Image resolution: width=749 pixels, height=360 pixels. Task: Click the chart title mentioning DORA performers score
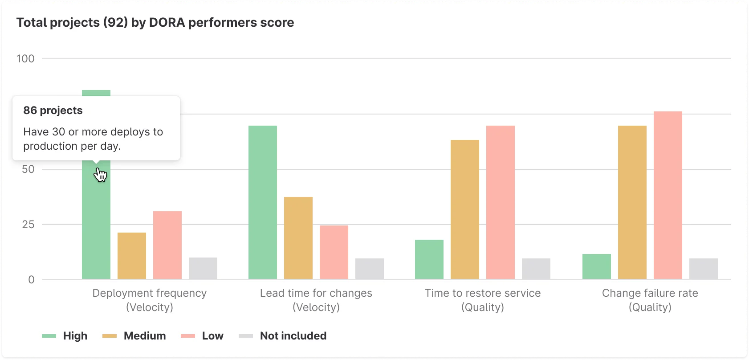155,23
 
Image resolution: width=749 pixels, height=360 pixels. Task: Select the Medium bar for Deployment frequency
132,256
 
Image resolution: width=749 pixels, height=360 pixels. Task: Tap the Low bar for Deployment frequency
167,245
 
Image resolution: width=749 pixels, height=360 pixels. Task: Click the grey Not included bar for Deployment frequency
203,268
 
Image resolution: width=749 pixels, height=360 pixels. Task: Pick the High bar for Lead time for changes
263,202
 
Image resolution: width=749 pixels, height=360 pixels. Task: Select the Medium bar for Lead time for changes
298,238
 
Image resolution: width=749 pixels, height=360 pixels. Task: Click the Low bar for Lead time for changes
334,252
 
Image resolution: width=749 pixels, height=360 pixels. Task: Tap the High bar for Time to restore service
429,259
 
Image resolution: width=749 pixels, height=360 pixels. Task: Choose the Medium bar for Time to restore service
465,209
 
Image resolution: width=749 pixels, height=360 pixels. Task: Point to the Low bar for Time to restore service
501,202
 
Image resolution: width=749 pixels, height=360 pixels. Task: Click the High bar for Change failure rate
597,266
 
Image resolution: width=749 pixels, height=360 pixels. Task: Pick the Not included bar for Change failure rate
704,269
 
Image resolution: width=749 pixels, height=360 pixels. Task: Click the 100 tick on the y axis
25,59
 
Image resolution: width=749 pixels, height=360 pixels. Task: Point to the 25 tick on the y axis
28,225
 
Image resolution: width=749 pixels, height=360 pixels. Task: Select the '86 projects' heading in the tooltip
53,110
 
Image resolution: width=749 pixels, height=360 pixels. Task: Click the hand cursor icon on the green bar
101,175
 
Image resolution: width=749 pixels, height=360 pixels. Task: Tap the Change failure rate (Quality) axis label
650,300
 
